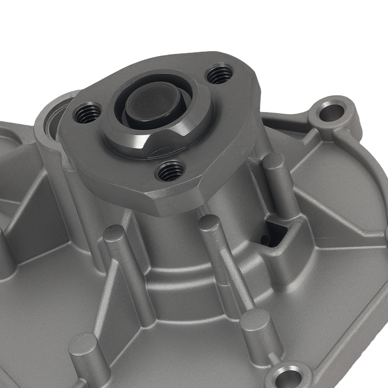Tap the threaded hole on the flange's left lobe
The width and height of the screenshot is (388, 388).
click(x=87, y=113)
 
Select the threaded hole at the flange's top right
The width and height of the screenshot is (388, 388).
click(x=220, y=74)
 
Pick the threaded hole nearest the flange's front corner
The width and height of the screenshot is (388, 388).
click(x=170, y=171)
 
